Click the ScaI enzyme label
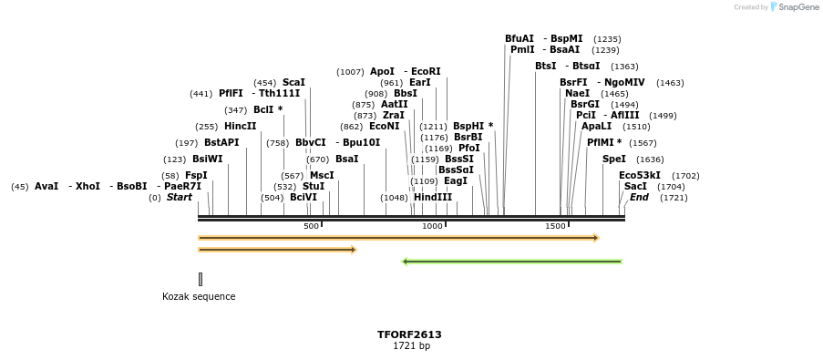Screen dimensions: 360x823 click(293, 83)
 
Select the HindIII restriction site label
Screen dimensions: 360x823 click(432, 198)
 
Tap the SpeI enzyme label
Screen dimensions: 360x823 click(614, 159)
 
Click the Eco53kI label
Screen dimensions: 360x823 click(640, 176)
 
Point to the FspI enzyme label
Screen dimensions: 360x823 click(196, 176)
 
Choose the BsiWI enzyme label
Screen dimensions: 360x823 click(207, 159)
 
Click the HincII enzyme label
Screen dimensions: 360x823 click(240, 127)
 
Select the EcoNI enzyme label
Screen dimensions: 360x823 click(384, 127)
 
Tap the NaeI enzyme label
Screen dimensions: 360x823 click(577, 94)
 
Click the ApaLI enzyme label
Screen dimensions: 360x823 click(596, 127)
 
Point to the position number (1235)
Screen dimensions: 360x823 click(607, 39)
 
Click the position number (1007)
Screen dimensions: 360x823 click(350, 72)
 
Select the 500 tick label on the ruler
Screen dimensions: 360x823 click(311, 226)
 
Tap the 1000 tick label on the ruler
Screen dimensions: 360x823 click(432, 226)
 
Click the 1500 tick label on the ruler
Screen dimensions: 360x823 click(555, 226)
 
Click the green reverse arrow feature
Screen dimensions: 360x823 click(511, 262)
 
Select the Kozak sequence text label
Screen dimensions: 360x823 click(199, 296)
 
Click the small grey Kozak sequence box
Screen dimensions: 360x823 click(201, 279)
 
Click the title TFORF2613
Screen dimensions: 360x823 click(409, 334)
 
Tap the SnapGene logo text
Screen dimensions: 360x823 click(797, 7)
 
